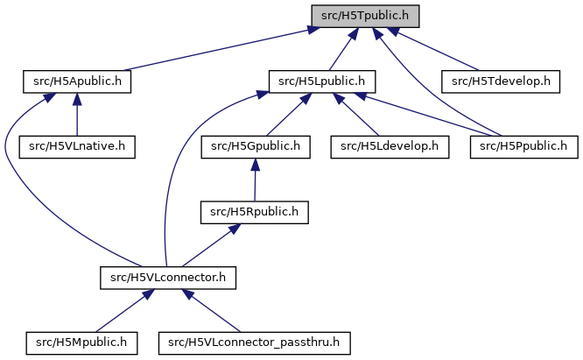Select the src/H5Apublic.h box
coord(76,81)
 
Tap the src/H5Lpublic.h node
coord(321,81)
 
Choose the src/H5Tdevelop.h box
coord(500,81)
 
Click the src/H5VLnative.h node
coord(78,146)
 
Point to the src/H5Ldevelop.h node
coord(390,146)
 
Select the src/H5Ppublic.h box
coord(524,146)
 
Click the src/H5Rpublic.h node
coord(254,211)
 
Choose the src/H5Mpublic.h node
coord(82,342)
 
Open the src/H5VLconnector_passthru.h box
coord(255,342)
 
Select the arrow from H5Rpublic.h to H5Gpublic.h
coord(254,180)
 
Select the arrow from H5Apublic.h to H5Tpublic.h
coord(219,49)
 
